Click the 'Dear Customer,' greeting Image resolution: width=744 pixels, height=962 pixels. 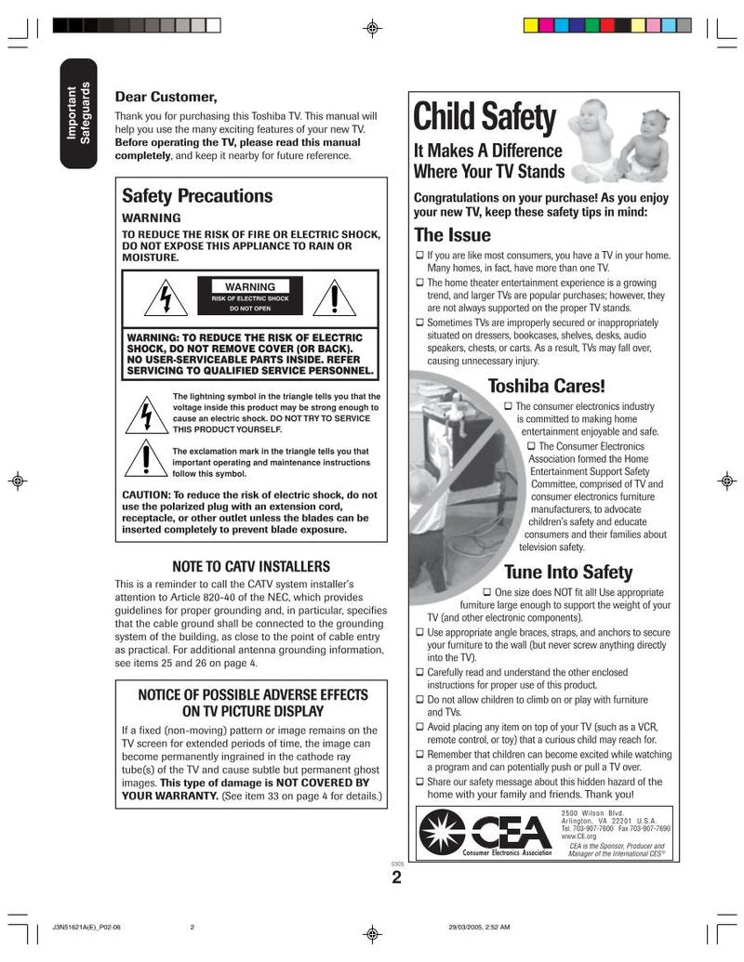166,97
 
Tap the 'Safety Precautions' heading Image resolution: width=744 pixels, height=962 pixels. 197,195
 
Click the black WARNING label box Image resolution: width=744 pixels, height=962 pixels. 250,297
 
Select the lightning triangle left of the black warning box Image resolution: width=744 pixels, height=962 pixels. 165,298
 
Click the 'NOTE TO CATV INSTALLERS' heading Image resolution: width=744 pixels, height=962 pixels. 251,566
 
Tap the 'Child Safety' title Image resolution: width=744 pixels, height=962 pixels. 484,118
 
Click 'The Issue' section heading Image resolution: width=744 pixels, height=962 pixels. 452,234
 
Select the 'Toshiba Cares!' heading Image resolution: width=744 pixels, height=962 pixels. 546,386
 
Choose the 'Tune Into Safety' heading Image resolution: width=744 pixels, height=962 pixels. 567,572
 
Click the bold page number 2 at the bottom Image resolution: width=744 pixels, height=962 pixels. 396,878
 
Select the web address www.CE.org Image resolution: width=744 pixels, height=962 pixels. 579,836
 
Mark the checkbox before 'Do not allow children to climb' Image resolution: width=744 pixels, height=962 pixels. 420,699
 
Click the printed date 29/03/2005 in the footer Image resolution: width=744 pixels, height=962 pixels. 462,926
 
